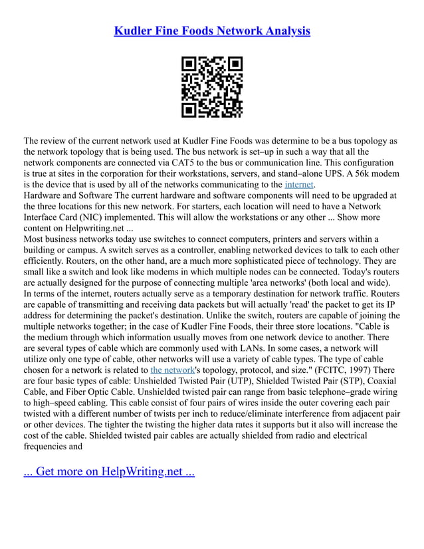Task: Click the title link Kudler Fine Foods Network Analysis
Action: tap(212, 31)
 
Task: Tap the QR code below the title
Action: tap(212, 87)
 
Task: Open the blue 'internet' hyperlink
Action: tap(299, 184)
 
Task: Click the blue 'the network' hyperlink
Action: tap(173, 369)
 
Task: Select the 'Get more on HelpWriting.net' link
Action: tap(109, 472)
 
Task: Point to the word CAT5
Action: tap(198, 163)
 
